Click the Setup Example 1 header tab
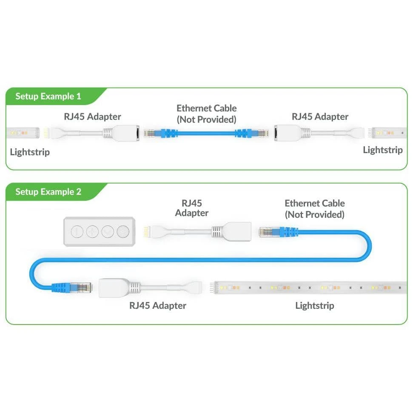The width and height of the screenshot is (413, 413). click(48, 97)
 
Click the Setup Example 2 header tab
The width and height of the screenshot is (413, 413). click(48, 192)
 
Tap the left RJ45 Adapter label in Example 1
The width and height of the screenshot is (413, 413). click(92, 117)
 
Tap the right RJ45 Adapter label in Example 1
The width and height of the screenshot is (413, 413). click(320, 117)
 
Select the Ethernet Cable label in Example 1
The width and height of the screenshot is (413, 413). click(207, 114)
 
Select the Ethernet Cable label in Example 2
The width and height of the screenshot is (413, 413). click(315, 209)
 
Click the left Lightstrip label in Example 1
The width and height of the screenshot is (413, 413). click(30, 151)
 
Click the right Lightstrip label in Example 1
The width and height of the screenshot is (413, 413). click(382, 150)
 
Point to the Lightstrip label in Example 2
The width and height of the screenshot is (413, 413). click(315, 305)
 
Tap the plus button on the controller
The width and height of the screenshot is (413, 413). click(92, 232)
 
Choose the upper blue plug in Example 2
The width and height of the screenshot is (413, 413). click(278, 232)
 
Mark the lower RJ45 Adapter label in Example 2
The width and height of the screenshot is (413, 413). click(158, 305)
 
